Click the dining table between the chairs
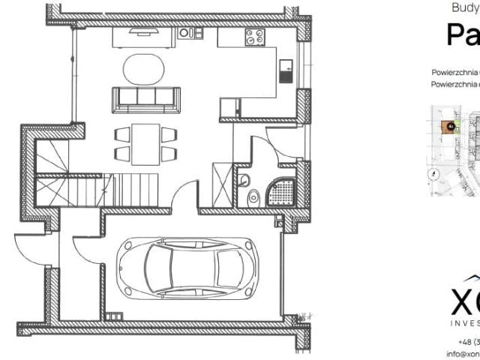[145, 143]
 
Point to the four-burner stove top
[255, 35]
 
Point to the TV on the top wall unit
[142, 31]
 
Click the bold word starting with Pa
[463, 34]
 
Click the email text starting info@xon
[463, 352]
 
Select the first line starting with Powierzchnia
[455, 73]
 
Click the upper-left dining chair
[122, 134]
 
